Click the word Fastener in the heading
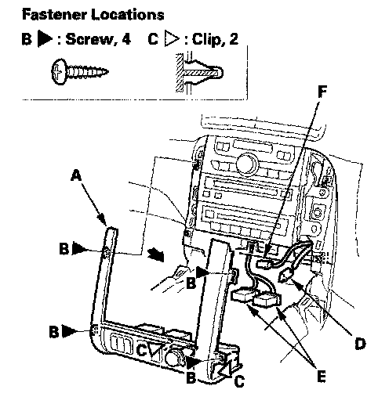click(x=54, y=15)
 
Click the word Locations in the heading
click(x=128, y=15)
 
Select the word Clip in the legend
click(x=206, y=39)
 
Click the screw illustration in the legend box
click(x=80, y=71)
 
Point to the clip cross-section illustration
click(x=199, y=73)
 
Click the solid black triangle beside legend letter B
click(x=45, y=39)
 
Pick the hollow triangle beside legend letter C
click(x=172, y=39)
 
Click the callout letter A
click(x=76, y=175)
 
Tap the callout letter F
click(x=322, y=92)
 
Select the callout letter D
click(x=360, y=343)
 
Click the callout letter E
click(x=322, y=376)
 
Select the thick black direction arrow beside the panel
click(x=156, y=254)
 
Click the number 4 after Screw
click(x=126, y=39)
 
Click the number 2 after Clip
click(x=234, y=39)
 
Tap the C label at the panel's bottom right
click(x=239, y=381)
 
